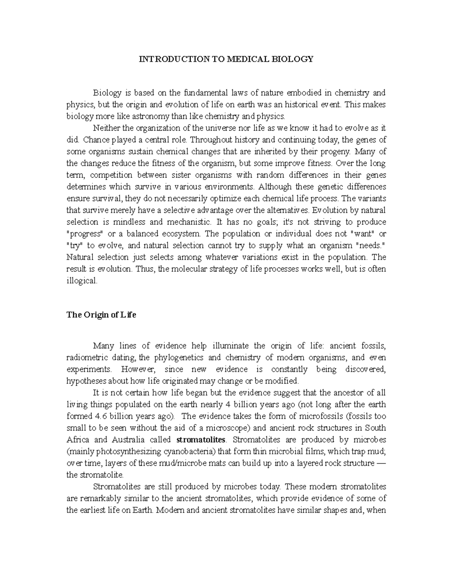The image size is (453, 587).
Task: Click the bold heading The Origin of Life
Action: pyautogui.click(x=101, y=315)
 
